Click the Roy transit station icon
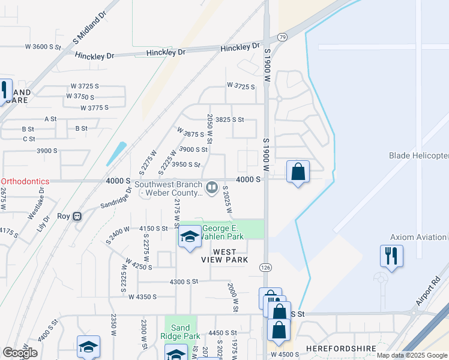[x=77, y=217]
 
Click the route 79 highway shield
[x=282, y=38]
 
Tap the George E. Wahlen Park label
[x=223, y=232]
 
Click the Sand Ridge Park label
[x=180, y=332]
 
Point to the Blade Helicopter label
[x=418, y=156]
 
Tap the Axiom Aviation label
[x=418, y=238]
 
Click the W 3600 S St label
[x=43, y=46]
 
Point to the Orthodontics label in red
[x=28, y=181]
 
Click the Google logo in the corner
[x=20, y=353]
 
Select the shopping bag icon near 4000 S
[x=298, y=172]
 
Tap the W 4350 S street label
[x=142, y=296]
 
